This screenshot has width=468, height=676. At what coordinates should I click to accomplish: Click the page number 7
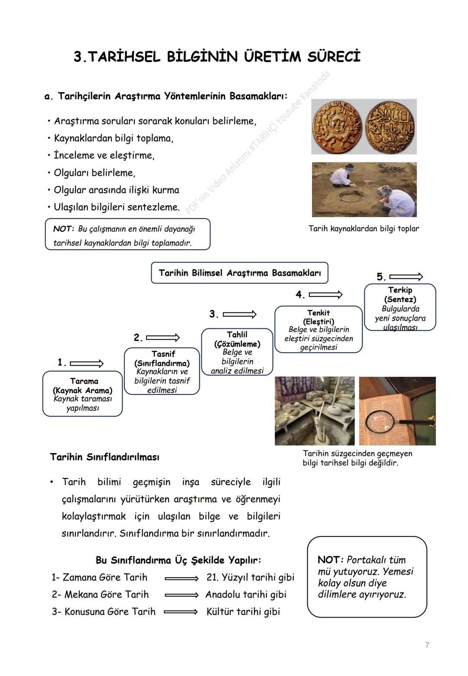[427, 645]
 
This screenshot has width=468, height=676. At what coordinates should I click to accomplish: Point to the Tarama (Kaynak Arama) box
[82, 394]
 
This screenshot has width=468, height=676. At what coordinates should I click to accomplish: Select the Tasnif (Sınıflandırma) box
[162, 371]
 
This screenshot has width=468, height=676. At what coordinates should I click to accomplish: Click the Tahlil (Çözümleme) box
[237, 352]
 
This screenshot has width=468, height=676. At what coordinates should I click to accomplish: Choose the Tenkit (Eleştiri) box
[318, 329]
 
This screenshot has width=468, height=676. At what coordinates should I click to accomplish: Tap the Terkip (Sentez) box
[400, 308]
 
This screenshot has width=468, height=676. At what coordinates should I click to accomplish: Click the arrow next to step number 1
[87, 363]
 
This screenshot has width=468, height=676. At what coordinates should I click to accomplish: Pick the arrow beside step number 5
[406, 276]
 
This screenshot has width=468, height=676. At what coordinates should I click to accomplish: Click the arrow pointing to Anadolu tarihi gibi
[181, 595]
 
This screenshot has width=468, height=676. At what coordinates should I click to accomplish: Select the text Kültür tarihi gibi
[243, 612]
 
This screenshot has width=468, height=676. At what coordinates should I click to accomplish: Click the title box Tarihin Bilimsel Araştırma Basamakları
[240, 273]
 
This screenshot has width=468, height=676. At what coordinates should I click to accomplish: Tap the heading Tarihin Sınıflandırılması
[104, 457]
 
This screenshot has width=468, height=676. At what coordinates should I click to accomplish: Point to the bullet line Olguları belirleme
[94, 173]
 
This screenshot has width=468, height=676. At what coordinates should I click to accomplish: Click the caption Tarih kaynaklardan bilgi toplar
[364, 228]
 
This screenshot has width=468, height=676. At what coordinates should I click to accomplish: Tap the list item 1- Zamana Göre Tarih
[99, 578]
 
